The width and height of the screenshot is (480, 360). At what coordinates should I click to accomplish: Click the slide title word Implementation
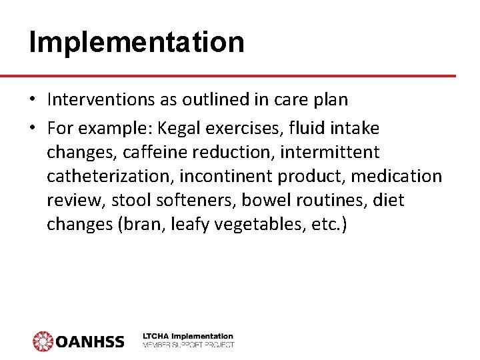137,41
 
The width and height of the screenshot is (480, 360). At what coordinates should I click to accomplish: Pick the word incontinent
225,176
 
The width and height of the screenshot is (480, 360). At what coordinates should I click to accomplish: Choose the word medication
396,176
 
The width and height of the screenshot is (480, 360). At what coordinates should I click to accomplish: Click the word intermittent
329,152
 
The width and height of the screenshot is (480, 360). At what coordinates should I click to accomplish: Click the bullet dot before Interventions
33,100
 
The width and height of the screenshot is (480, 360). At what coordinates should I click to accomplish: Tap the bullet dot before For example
33,128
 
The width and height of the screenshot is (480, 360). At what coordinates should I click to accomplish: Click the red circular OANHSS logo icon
43,341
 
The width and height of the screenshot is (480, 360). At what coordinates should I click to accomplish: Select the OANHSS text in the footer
89,341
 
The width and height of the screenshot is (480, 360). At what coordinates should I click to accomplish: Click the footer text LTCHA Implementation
188,336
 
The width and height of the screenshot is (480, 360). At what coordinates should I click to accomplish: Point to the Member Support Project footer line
188,345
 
